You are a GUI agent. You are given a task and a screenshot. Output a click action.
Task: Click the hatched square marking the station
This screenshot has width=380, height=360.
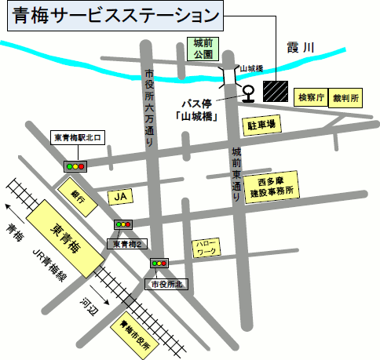[276, 90]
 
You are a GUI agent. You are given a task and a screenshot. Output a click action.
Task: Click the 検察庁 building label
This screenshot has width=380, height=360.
[309, 98]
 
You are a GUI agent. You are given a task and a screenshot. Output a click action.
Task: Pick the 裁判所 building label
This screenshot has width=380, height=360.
[345, 98]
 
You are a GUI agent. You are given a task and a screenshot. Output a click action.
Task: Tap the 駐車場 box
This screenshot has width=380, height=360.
[261, 125]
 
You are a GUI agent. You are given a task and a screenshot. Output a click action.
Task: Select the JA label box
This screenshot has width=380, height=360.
[119, 195]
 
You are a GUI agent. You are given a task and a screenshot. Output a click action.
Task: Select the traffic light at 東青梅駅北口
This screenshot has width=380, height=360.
[75, 166]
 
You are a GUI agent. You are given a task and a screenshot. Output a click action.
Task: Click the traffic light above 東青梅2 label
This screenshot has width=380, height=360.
[123, 225]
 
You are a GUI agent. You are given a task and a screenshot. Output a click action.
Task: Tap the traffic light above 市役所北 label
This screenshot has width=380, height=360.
[159, 264]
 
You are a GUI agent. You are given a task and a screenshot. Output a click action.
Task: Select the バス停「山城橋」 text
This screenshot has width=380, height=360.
[197, 109]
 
